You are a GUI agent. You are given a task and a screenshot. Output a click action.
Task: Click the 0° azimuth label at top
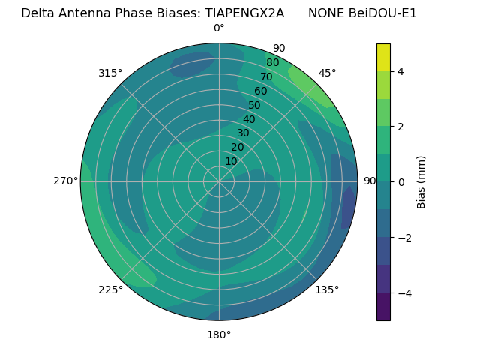219,28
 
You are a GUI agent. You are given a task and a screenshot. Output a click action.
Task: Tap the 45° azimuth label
327,73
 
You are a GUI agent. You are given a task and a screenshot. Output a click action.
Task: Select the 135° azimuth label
327,289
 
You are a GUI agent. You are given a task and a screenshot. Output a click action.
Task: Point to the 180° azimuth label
219,334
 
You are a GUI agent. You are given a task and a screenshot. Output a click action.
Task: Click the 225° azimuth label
110,289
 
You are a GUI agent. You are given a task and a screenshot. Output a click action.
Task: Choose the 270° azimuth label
65,181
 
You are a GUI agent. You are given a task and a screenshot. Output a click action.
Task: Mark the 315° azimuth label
110,73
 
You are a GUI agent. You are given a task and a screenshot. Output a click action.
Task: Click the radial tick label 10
231,161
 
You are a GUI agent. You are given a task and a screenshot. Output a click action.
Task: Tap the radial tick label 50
254,105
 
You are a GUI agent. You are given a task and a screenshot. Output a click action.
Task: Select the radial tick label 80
272,63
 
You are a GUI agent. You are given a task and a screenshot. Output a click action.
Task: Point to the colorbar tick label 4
400,71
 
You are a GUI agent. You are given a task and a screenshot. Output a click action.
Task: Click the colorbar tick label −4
403,292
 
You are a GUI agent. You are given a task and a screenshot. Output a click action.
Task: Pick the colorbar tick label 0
400,181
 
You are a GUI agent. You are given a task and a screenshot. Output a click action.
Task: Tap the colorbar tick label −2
403,237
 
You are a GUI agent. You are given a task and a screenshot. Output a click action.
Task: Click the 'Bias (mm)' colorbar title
421,181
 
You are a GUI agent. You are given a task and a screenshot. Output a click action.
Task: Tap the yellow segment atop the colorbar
383,57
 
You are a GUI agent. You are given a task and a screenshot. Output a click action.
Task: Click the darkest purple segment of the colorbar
383,306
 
